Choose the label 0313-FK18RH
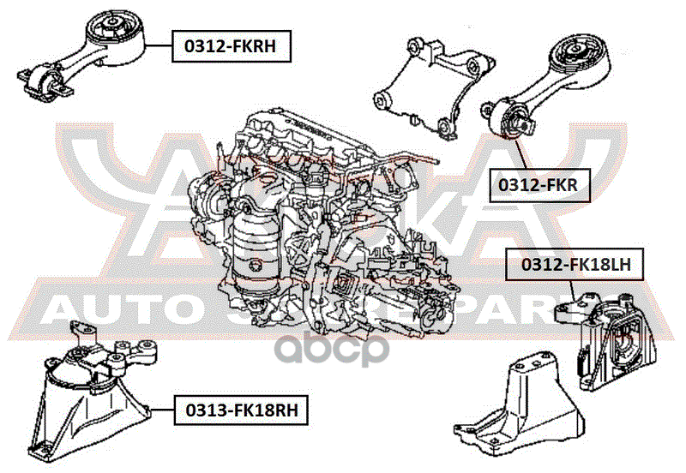(x=241, y=410)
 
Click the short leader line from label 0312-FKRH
(x=161, y=45)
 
